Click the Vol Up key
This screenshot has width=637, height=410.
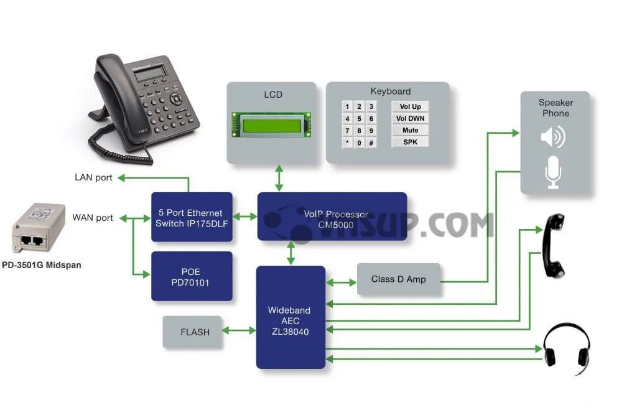point(410,106)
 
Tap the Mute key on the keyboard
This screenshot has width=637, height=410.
point(410,130)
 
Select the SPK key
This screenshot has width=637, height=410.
point(410,142)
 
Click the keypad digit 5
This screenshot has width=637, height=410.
point(359,119)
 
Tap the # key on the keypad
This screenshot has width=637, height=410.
point(371,142)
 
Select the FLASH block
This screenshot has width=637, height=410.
point(195,332)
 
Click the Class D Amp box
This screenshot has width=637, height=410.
point(398,279)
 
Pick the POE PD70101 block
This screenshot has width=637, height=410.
point(192,277)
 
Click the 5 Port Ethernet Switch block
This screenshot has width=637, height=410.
point(192,217)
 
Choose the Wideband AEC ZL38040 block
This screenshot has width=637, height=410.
point(291,317)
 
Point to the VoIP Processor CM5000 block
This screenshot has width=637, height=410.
point(332,217)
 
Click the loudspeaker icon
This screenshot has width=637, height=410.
point(552,136)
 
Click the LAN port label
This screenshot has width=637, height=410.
point(93,178)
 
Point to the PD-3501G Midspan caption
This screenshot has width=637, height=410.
point(41,265)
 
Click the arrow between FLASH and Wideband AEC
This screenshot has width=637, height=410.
point(240,330)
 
